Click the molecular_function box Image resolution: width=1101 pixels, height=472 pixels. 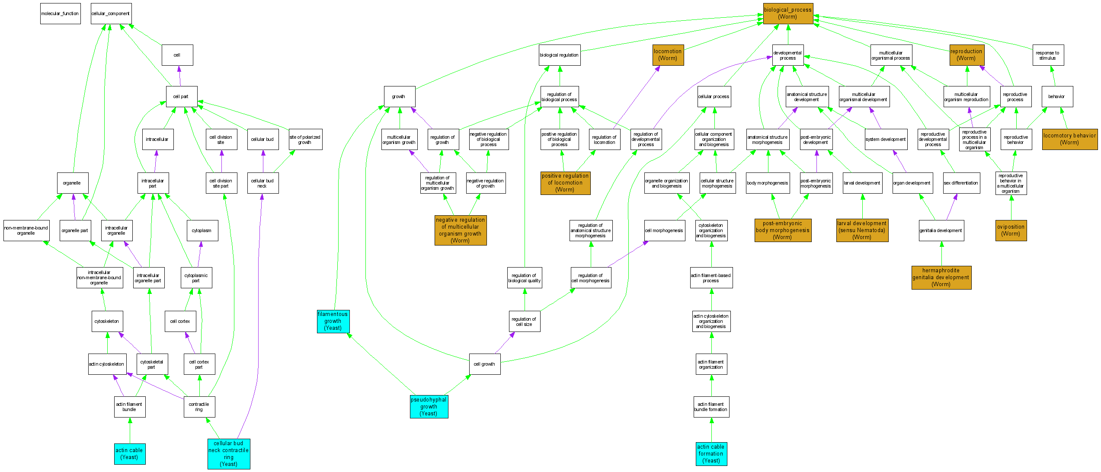(x=60, y=14)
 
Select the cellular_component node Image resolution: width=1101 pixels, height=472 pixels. (x=111, y=14)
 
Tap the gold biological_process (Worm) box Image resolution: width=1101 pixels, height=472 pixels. (x=787, y=13)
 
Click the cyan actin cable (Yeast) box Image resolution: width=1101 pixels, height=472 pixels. (x=129, y=454)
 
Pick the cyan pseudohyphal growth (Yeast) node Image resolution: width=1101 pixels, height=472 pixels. (x=429, y=407)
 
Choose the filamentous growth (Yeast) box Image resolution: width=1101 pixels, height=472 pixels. (x=333, y=321)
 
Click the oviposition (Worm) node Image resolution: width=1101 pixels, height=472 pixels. (x=1011, y=230)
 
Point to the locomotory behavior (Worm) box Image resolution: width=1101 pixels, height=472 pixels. (x=1069, y=139)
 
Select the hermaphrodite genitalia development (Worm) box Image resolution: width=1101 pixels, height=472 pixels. (x=941, y=277)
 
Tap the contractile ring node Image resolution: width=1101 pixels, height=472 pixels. (x=199, y=407)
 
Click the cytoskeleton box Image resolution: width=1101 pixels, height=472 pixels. (x=107, y=322)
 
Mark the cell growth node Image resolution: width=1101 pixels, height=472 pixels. (x=484, y=364)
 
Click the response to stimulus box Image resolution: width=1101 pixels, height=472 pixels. (x=1048, y=55)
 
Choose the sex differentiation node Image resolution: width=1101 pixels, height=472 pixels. (x=961, y=183)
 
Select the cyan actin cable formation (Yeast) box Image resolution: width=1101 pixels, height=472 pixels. (x=711, y=454)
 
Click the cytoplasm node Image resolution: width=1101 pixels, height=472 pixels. (x=202, y=231)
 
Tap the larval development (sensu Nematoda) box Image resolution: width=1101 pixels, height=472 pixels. (x=862, y=230)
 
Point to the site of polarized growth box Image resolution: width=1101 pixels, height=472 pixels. (x=305, y=140)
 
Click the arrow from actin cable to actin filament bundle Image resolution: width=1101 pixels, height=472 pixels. (x=130, y=431)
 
